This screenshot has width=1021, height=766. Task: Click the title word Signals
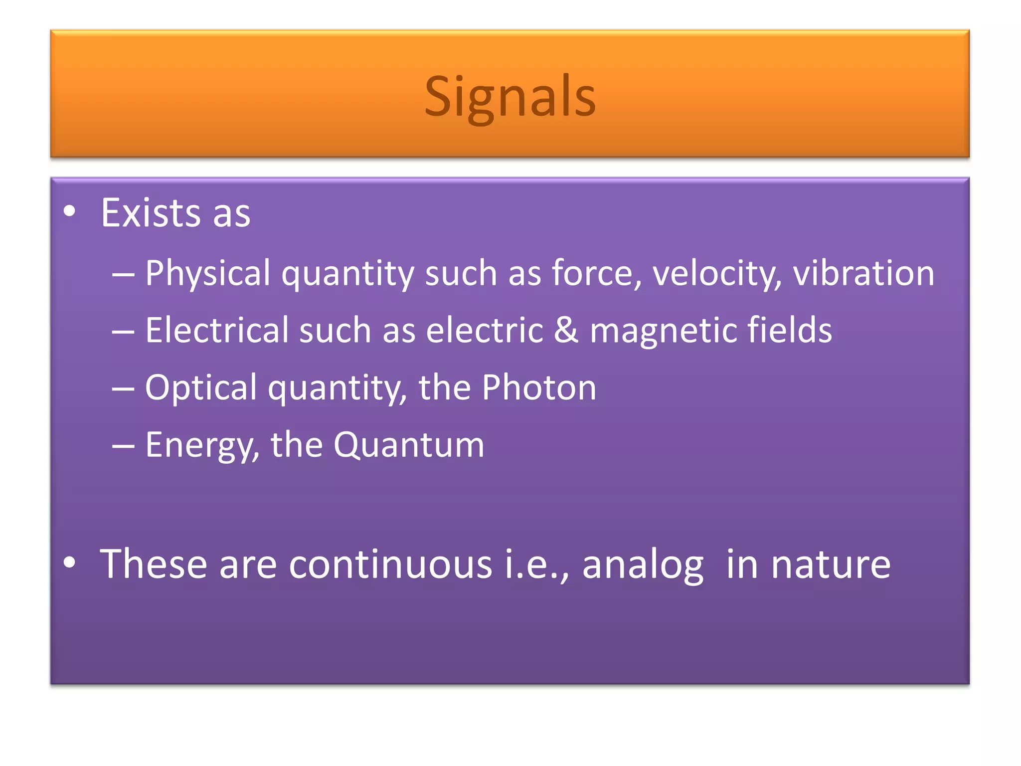tap(510, 97)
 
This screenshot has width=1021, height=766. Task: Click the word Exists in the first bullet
tap(150, 213)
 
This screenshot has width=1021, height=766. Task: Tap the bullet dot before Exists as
tap(70, 211)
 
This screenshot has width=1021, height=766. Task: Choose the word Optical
tap(200, 388)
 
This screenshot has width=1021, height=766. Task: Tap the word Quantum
tap(409, 445)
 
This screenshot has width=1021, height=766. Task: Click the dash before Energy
tap(123, 446)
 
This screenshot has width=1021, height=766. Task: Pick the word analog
tap(642, 565)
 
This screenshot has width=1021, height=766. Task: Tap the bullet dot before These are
tap(70, 563)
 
